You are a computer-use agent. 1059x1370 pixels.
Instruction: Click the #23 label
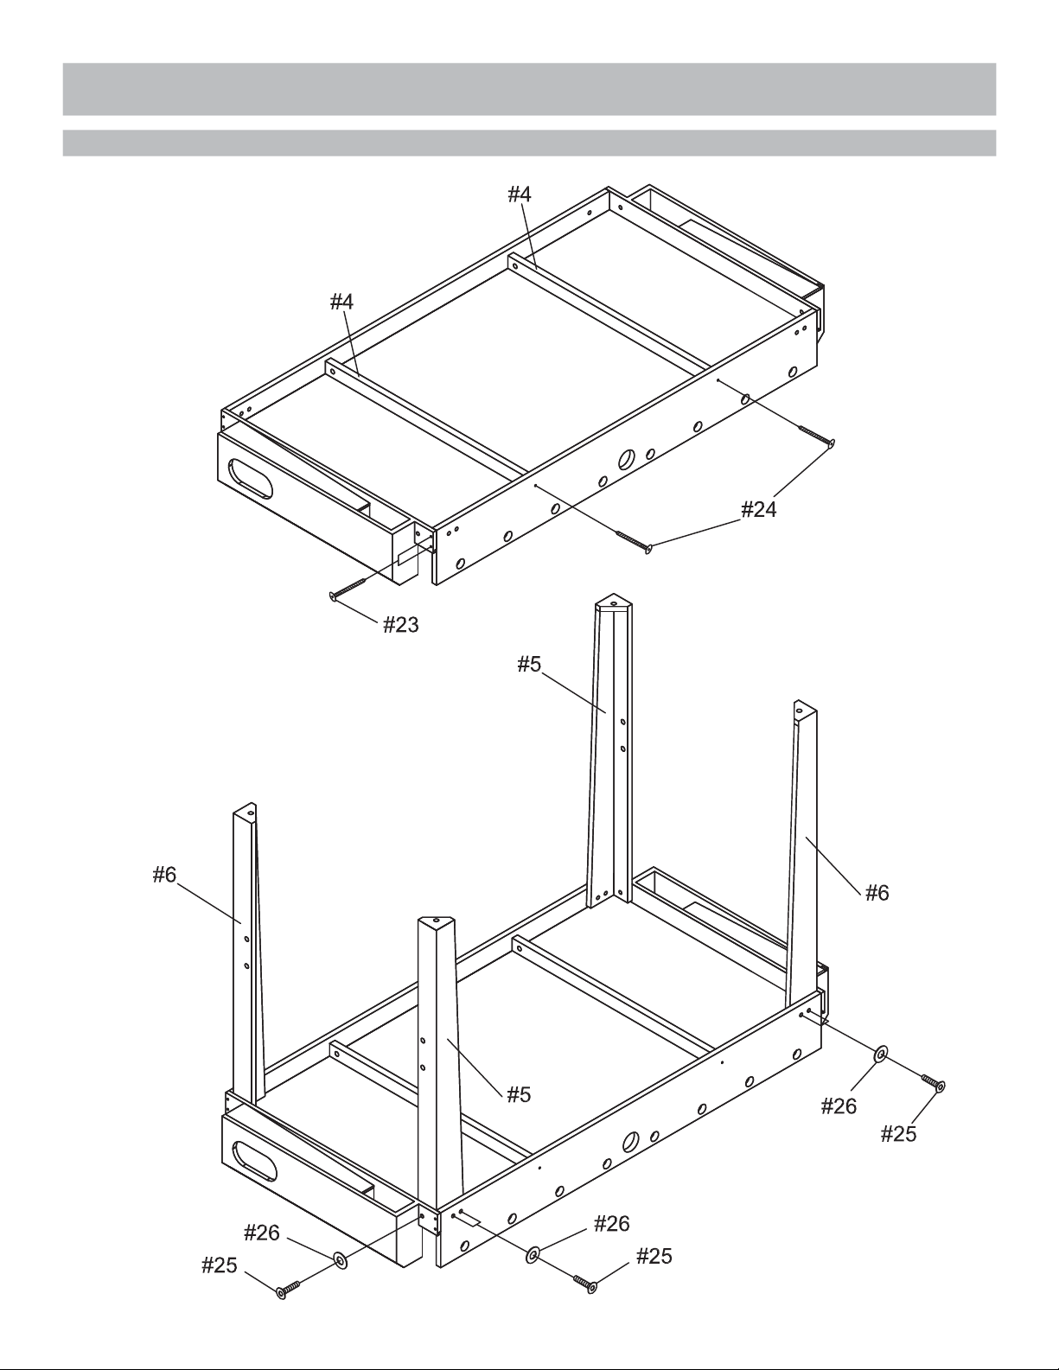click(401, 625)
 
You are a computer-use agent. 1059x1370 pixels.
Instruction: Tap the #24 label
click(758, 509)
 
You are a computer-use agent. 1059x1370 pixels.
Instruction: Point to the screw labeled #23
click(348, 588)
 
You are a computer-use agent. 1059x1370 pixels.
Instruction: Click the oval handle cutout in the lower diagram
click(255, 1162)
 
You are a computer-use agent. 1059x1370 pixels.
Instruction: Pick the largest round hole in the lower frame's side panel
click(629, 1141)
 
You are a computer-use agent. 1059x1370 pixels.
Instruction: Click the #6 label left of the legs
click(164, 875)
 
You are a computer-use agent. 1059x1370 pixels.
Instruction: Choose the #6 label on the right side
click(877, 893)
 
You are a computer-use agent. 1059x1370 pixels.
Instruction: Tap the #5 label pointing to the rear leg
click(529, 664)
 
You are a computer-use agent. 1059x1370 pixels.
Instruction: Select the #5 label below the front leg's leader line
click(519, 1094)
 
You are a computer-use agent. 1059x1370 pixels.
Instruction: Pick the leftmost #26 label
click(262, 1233)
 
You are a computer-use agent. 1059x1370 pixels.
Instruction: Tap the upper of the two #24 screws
click(817, 436)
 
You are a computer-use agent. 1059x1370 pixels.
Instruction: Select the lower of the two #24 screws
click(635, 542)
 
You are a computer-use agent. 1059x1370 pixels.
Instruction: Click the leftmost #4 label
click(341, 302)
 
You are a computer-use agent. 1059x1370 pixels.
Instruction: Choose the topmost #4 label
click(520, 194)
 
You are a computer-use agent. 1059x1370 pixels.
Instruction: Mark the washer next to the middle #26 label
click(532, 1255)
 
